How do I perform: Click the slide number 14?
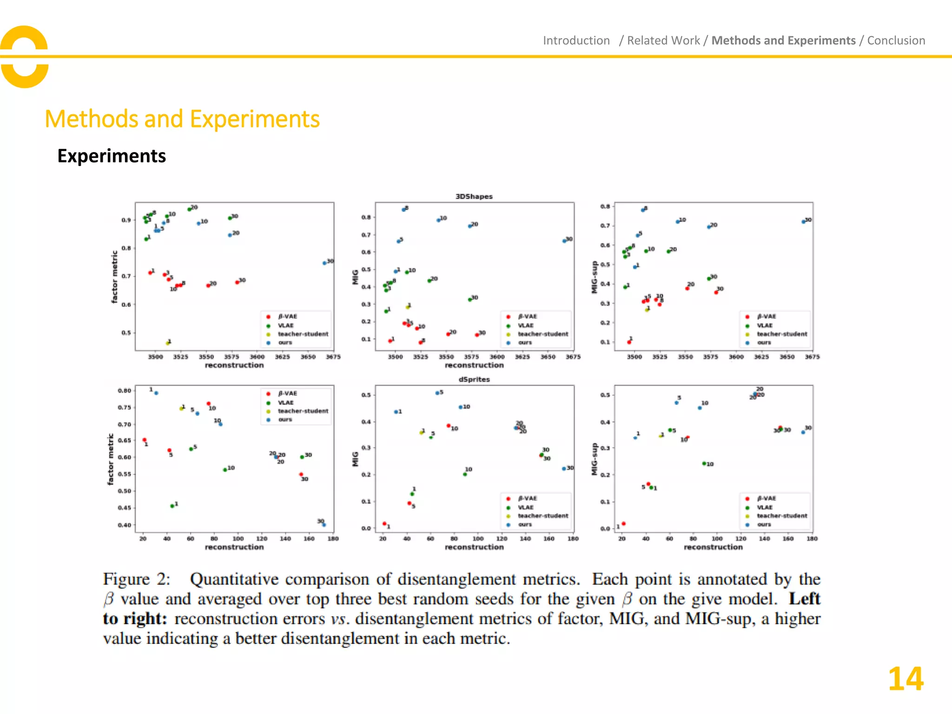(905, 679)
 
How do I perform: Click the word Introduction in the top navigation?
(576, 41)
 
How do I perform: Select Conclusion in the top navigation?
(896, 41)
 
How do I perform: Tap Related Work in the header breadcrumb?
(663, 41)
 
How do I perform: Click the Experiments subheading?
(112, 156)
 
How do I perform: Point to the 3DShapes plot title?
(474, 197)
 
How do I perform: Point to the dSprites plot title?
(474, 379)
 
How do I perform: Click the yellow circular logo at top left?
(24, 57)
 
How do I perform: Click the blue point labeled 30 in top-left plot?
(324, 263)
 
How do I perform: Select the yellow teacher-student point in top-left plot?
(168, 343)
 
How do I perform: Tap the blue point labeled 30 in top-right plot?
(803, 222)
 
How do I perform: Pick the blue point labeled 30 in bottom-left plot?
(324, 525)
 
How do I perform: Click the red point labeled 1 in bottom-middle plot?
(384, 524)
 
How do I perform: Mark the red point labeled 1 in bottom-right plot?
(623, 524)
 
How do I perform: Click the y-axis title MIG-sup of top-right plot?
(594, 277)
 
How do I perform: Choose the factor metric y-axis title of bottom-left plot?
(110, 459)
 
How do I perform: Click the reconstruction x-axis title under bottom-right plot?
(713, 547)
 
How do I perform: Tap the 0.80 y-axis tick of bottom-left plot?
(124, 391)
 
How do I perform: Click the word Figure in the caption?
(126, 579)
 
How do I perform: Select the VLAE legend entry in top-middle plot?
(525, 325)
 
